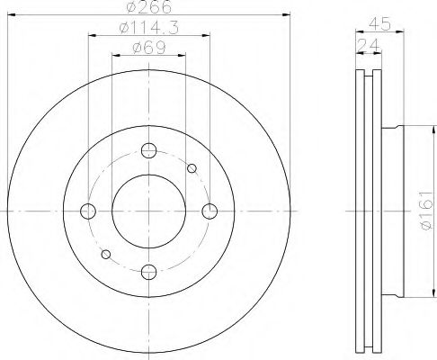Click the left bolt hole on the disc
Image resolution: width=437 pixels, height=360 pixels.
point(88,211)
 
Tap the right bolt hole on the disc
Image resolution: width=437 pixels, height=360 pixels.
point(210,211)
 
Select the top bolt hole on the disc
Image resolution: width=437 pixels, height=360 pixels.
point(149,150)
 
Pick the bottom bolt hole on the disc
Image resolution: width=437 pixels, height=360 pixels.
point(149,271)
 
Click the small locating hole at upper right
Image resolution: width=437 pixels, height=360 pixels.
point(191,167)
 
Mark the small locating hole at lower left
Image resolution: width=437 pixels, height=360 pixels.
point(107,255)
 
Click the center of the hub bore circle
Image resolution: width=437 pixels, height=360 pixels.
point(149,211)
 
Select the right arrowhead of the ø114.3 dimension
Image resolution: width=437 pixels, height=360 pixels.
point(208,36)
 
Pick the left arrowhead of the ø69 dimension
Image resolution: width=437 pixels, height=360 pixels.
point(114,56)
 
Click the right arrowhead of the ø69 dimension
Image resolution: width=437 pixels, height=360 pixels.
point(183,56)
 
